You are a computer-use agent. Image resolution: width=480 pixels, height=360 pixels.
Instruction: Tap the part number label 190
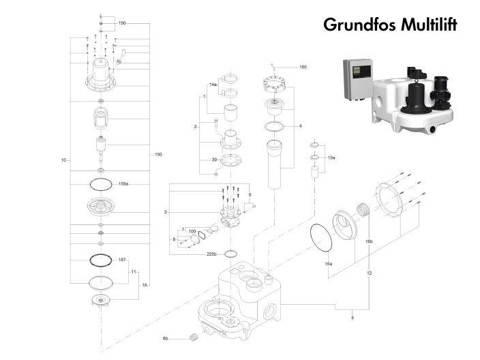122,23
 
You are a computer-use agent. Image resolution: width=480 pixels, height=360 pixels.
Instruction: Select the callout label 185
303,67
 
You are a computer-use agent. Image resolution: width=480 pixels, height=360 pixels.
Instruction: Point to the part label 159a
123,183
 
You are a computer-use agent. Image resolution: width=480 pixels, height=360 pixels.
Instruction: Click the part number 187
123,260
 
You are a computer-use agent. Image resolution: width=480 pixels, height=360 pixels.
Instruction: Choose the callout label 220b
211,254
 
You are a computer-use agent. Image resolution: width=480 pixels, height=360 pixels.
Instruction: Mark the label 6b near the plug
165,338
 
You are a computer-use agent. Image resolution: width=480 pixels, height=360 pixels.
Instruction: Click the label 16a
328,263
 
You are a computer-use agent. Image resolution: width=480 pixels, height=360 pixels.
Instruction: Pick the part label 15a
332,157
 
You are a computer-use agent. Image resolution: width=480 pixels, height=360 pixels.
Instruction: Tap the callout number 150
158,155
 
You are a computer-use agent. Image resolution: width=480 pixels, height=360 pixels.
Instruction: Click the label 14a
213,85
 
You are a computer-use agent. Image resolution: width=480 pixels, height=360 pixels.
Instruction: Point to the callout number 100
192,232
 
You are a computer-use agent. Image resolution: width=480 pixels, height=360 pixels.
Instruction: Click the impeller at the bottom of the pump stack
101,301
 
